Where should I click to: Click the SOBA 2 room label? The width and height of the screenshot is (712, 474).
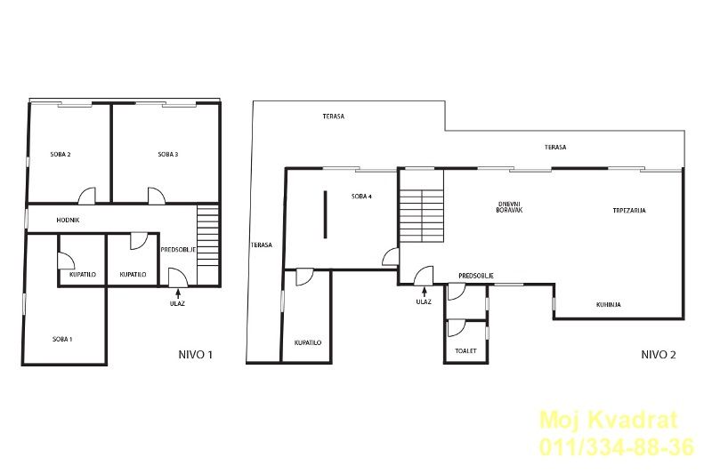pos(61,154)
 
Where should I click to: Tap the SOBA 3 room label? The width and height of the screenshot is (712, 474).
pos(168,154)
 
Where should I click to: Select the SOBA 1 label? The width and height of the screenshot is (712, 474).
pos(62,339)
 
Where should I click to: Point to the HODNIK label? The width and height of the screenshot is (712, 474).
pos(69,220)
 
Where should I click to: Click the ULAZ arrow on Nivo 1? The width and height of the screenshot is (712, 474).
pos(177,293)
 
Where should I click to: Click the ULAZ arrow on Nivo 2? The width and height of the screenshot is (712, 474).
pos(425,292)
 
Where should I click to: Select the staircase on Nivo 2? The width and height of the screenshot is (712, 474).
pos(421,216)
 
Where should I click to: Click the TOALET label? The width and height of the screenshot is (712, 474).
pos(465,350)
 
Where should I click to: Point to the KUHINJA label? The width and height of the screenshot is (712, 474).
pos(608,305)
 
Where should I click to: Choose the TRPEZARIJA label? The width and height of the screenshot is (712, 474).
pos(629,211)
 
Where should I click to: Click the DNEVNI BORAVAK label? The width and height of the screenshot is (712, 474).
pos(509,207)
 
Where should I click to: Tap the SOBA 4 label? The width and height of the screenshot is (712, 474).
pos(361,197)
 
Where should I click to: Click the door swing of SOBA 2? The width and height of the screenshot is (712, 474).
pos(87,196)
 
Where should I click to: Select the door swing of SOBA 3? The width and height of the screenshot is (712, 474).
pos(156,196)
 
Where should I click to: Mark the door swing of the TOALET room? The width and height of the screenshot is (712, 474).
pos(456,328)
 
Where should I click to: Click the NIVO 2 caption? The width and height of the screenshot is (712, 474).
pos(658,355)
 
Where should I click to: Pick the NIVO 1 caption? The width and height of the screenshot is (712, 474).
pos(195,355)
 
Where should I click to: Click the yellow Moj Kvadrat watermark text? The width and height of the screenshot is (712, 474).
pos(608,420)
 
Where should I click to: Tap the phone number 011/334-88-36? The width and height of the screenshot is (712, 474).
pos(617,446)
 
